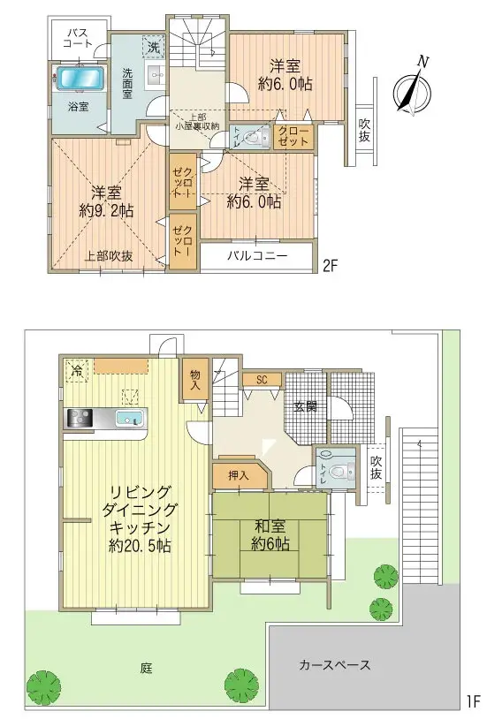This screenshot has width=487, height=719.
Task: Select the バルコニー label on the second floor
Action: click(256, 256)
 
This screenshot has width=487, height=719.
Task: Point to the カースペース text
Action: click(334, 664)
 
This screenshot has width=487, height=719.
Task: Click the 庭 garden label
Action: click(146, 668)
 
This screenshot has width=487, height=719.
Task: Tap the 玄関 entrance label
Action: click(306, 406)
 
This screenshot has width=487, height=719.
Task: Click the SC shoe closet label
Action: click(262, 380)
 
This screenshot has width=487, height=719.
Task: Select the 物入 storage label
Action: click(194, 380)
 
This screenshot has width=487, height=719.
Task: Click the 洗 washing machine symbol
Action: click(153, 45)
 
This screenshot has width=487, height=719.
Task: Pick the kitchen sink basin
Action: click(132, 418)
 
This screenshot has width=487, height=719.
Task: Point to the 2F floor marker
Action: click(330, 263)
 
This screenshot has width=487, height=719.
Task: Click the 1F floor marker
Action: click(472, 703)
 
